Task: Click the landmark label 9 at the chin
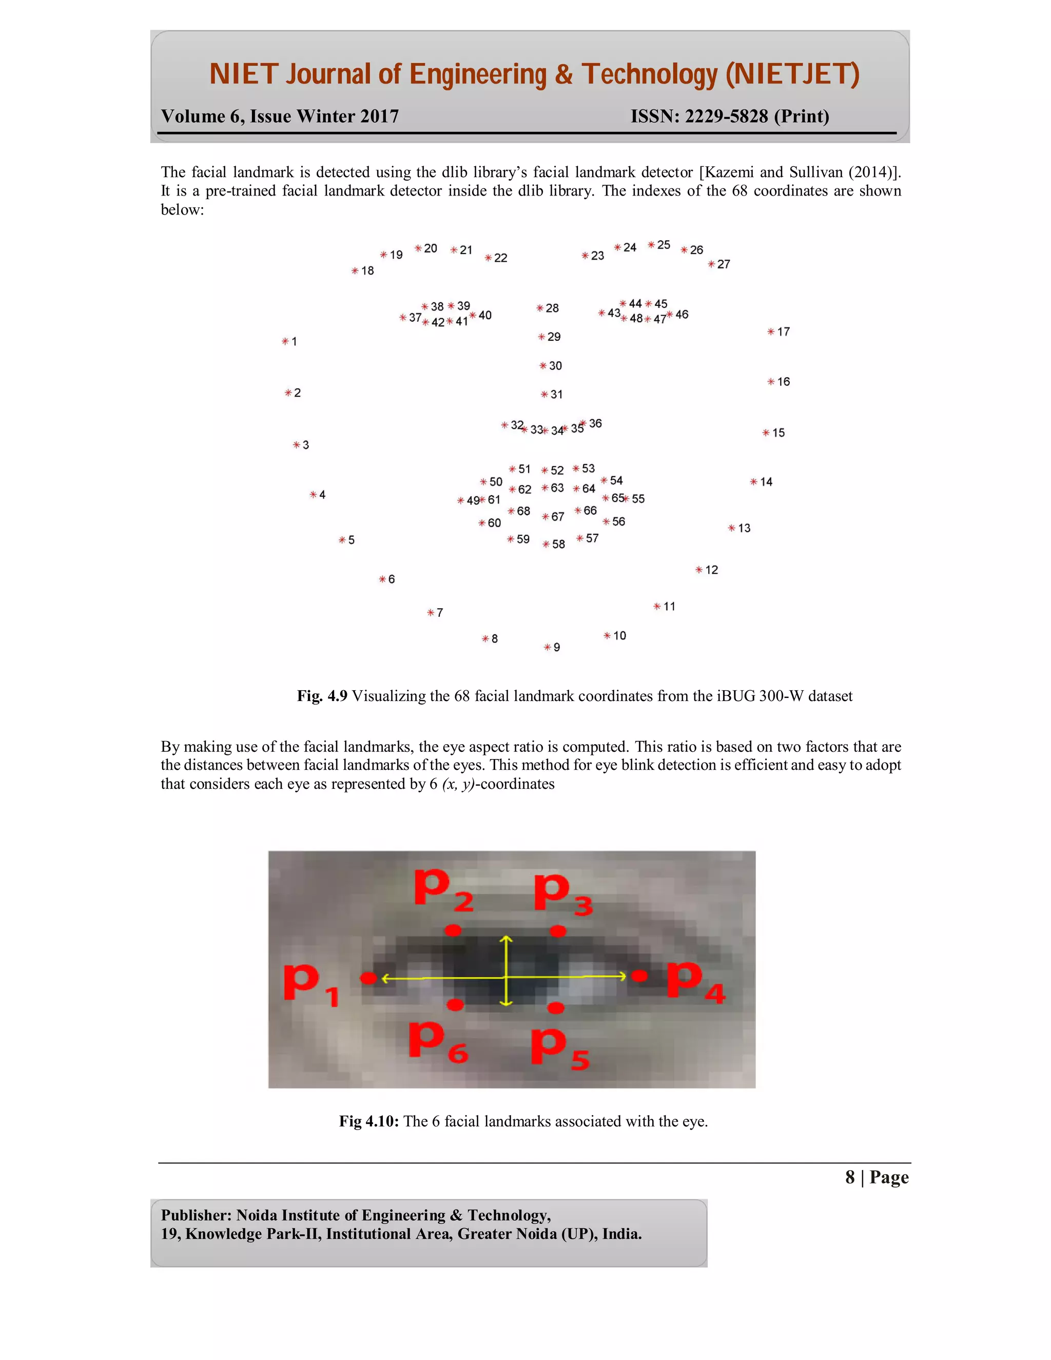pyautogui.click(x=557, y=648)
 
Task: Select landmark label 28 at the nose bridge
pyautogui.click(x=552, y=308)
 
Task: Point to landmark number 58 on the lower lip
pyautogui.click(x=558, y=544)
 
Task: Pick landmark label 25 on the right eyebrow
pyautogui.click(x=664, y=245)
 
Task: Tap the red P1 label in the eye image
pyautogui.click(x=310, y=984)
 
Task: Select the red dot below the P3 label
pyautogui.click(x=558, y=931)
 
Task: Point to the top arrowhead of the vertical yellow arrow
pyautogui.click(x=506, y=939)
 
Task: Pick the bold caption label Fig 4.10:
pyautogui.click(x=368, y=1121)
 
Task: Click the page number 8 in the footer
pyautogui.click(x=850, y=1177)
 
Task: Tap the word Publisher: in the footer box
pyautogui.click(x=196, y=1215)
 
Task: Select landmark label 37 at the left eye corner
pyautogui.click(x=415, y=318)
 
